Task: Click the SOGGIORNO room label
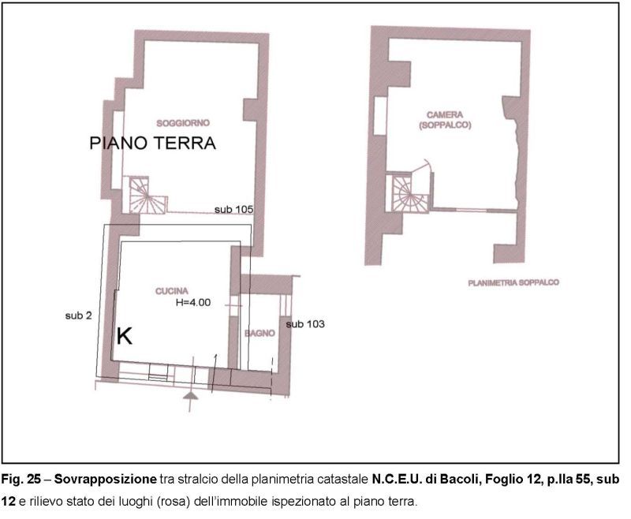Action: tap(183, 123)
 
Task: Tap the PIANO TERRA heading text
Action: tap(152, 144)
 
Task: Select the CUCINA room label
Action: tap(172, 291)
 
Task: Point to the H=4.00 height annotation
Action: tap(193, 302)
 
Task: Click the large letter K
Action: tap(125, 336)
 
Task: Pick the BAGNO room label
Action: tap(260, 333)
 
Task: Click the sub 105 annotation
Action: tap(233, 209)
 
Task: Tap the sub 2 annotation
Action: tap(78, 316)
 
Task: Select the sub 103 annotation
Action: tap(305, 324)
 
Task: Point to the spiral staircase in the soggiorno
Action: tap(144, 196)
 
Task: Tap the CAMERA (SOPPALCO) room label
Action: tap(445, 120)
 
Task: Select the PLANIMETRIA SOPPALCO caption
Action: tap(513, 283)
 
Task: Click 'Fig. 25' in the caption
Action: tap(21, 480)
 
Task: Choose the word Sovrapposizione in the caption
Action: tap(106, 480)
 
